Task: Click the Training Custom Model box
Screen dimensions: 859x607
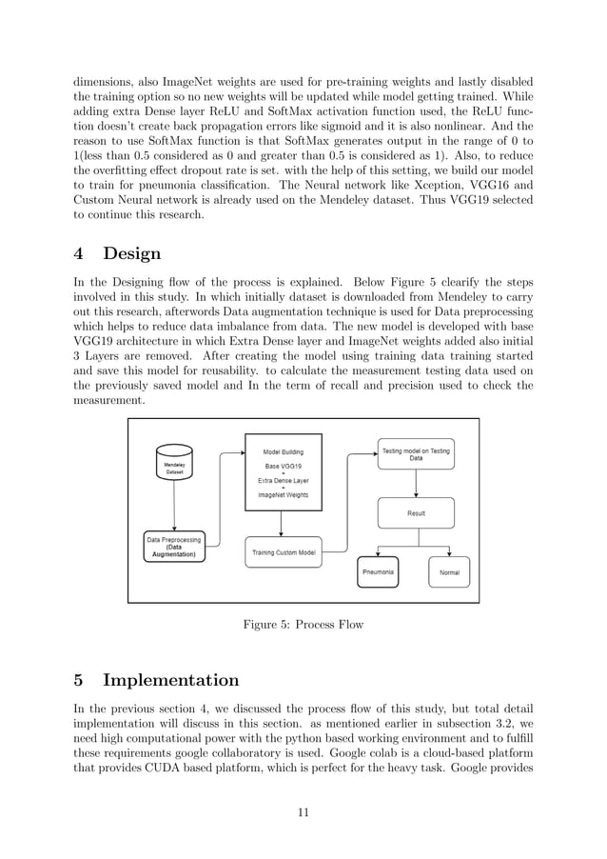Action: click(x=284, y=551)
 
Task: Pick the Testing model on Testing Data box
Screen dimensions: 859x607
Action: click(x=416, y=454)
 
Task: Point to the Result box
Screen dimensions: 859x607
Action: click(x=416, y=513)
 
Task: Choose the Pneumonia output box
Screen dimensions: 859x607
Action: click(x=379, y=572)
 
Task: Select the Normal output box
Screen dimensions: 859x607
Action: click(x=449, y=572)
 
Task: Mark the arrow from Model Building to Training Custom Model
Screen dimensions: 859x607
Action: click(x=284, y=524)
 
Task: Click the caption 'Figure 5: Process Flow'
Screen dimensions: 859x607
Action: click(x=303, y=625)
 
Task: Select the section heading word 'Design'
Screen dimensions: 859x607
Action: click(x=132, y=253)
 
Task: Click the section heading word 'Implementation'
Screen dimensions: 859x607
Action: click(x=171, y=680)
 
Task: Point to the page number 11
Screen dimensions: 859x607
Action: click(x=303, y=812)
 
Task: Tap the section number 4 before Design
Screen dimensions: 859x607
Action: click(x=80, y=253)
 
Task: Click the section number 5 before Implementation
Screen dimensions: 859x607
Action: click(x=80, y=680)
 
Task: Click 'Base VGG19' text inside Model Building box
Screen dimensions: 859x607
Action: click(x=284, y=467)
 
